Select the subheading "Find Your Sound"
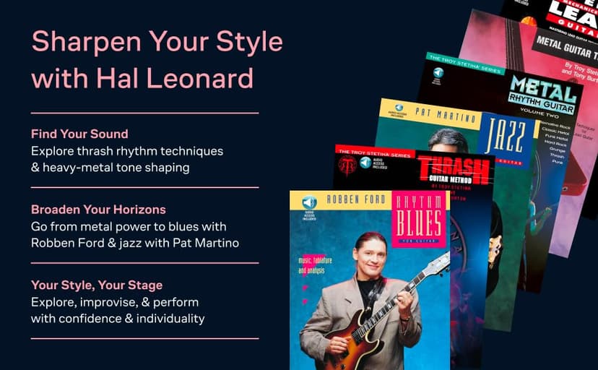79,134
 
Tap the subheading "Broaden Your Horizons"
98,210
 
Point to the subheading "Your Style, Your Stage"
96,285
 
